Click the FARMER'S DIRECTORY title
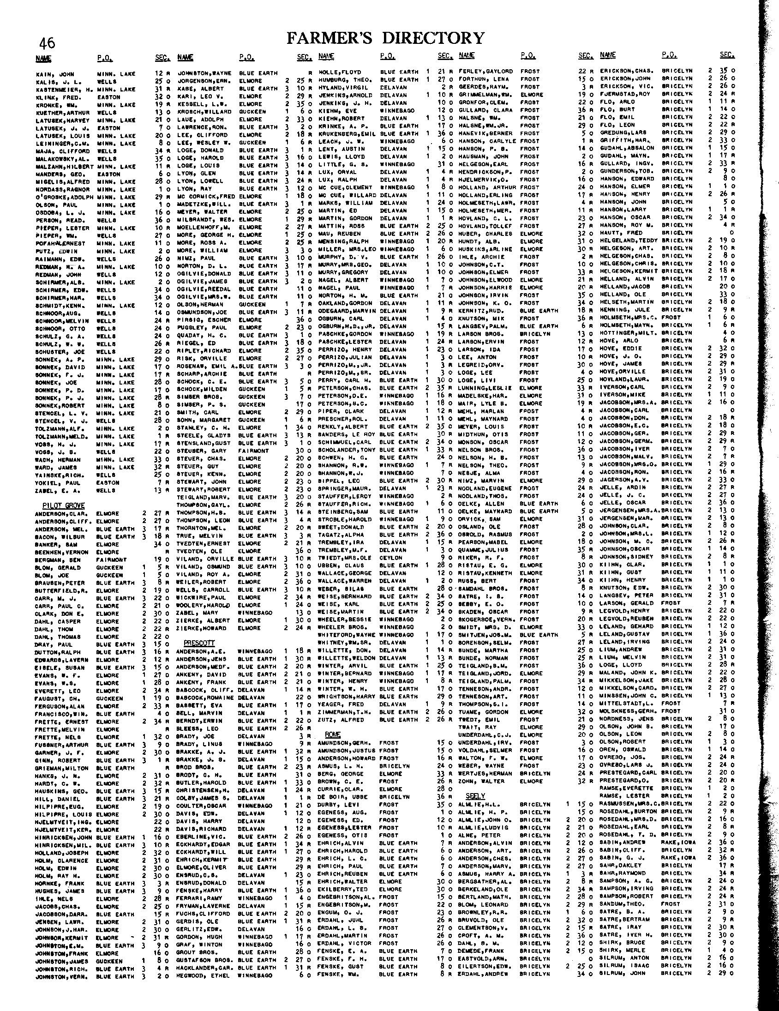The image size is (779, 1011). pyautogui.click(x=385, y=38)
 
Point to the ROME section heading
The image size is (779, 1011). pyautogui.click(x=332, y=735)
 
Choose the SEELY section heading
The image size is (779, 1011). pyautogui.click(x=475, y=796)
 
